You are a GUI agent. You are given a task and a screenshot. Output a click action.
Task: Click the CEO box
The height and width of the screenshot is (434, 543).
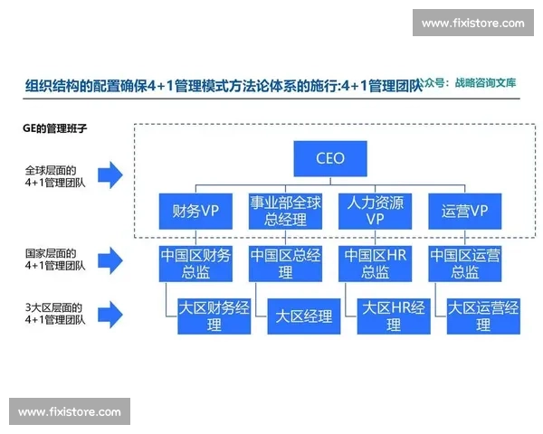tap(329, 158)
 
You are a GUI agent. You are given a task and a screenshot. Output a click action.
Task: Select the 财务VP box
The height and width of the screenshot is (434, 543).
tap(195, 211)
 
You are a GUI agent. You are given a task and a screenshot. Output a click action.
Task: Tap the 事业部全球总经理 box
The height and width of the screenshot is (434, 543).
tap(285, 211)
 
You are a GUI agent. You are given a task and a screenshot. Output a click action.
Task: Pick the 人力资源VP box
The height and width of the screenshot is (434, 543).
tap(375, 211)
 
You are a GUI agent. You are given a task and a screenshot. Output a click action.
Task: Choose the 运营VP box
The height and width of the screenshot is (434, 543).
tap(464, 211)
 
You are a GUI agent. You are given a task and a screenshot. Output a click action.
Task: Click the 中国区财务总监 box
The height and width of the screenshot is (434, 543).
tap(195, 263)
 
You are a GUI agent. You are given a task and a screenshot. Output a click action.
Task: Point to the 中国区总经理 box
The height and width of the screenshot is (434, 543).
tap(285, 263)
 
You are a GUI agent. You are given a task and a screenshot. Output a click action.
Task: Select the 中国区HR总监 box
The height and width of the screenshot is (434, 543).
tap(375, 263)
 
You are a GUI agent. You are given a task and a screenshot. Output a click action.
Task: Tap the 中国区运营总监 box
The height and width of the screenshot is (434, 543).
tap(464, 263)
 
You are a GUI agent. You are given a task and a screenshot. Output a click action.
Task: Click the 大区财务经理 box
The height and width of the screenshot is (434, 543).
tap(214, 316)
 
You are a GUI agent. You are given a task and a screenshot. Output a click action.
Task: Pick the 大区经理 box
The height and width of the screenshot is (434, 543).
tap(304, 316)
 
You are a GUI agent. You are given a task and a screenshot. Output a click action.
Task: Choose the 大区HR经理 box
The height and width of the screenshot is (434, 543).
tap(394, 316)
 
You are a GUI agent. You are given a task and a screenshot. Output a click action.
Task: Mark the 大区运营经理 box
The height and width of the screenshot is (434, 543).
tap(483, 316)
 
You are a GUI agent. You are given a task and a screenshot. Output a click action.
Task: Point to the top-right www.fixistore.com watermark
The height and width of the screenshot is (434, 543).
tap(472, 23)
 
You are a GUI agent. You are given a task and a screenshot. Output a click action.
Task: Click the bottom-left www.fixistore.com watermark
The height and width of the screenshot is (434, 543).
tap(69, 411)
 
